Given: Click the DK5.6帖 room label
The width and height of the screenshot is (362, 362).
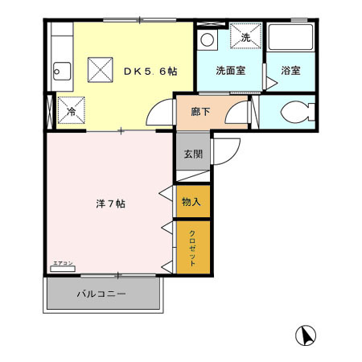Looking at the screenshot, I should click(x=150, y=70).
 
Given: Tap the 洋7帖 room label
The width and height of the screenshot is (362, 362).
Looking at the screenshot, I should click(x=110, y=204).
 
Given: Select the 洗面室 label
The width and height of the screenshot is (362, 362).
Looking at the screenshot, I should click(x=230, y=70).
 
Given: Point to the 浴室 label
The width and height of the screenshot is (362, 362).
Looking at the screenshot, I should click(x=290, y=70).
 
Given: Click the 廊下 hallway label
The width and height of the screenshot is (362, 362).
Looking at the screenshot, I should click(x=201, y=113).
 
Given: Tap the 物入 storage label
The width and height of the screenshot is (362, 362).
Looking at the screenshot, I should click(x=192, y=201).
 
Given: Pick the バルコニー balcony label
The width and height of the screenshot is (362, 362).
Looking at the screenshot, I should click(x=101, y=294).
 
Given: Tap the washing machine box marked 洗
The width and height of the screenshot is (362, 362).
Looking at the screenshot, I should click(x=245, y=37).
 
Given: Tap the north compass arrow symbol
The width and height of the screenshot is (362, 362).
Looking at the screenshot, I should click(x=305, y=334).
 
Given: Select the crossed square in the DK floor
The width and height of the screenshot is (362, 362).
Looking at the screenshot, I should click(x=101, y=69).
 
